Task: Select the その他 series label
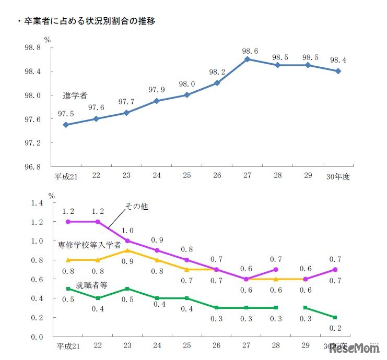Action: pos(137,207)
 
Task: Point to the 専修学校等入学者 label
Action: pos(89,244)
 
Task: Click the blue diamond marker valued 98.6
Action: pos(248,59)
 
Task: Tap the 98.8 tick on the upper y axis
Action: pos(32,47)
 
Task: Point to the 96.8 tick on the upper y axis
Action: pos(32,167)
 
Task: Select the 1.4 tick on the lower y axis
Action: pos(37,203)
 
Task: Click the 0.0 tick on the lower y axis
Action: pos(37,337)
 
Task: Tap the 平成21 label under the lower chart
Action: pos(66,346)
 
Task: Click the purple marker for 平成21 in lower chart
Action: pos(67,222)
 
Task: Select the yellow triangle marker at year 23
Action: pos(126,250)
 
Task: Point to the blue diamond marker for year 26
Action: pos(217,83)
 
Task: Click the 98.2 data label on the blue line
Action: pos(216,72)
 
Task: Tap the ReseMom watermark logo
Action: pos(354,347)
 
